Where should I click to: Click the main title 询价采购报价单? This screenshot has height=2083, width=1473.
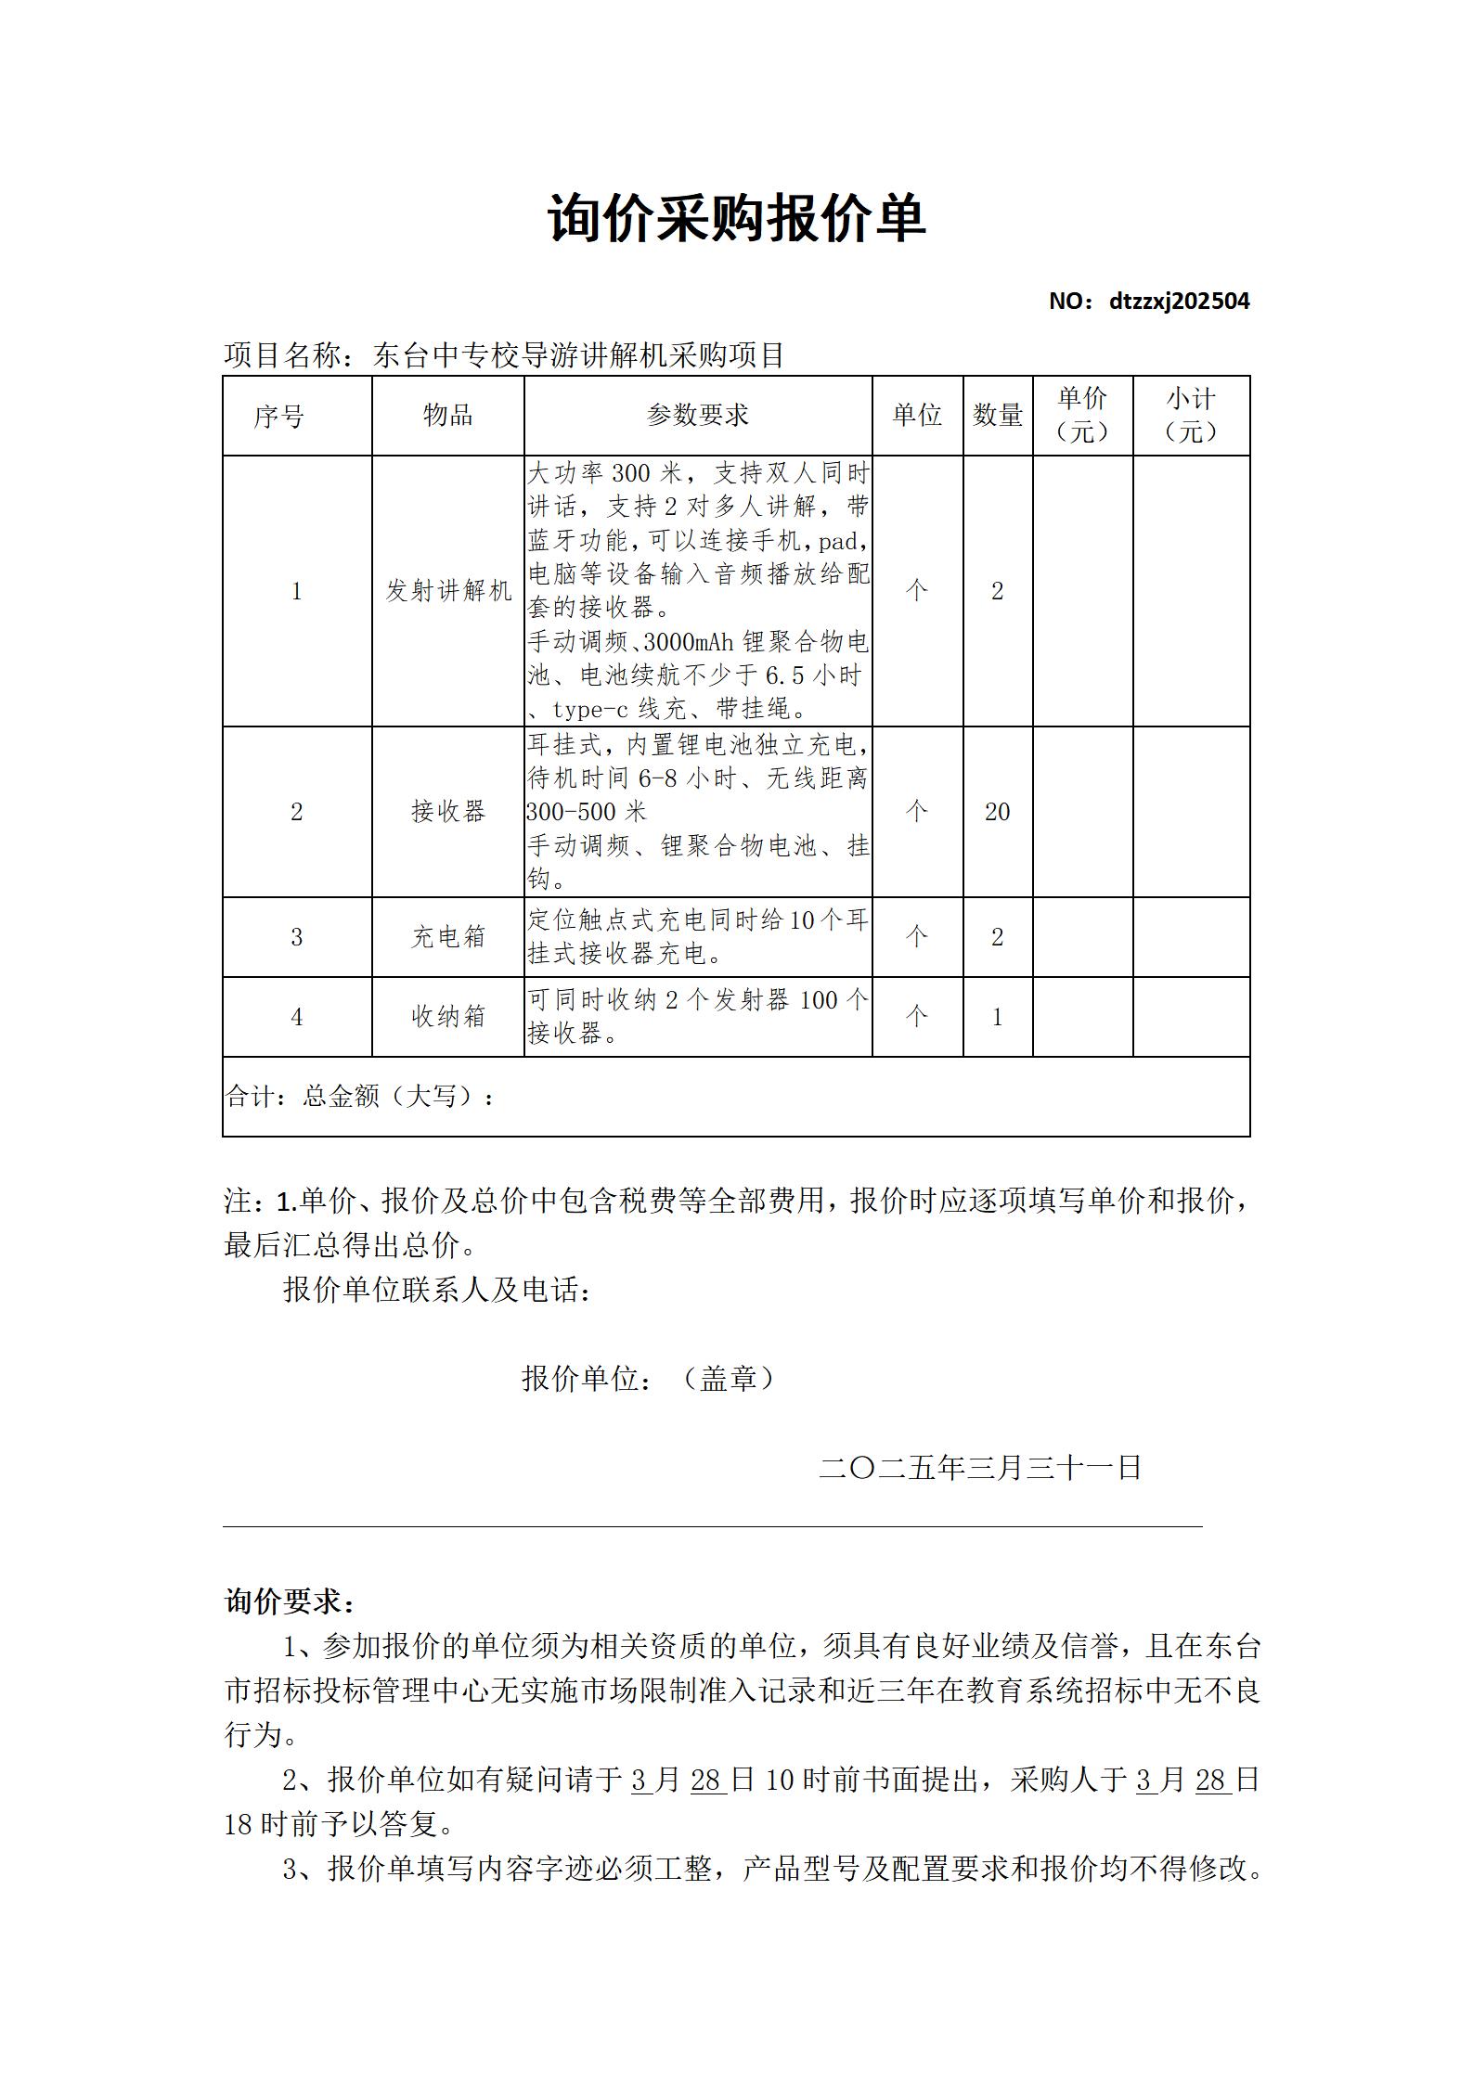pos(736,220)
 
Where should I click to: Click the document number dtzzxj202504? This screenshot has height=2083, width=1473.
pos(1179,302)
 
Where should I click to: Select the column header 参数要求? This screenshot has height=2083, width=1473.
pos(697,416)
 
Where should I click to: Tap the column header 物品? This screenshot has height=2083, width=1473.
pos(447,416)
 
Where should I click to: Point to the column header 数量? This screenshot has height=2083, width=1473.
pos(998,416)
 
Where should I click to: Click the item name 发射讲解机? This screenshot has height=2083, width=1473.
pos(447,591)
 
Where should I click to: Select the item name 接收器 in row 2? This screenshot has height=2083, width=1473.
pos(447,812)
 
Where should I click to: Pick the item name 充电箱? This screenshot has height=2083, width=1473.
pos(447,937)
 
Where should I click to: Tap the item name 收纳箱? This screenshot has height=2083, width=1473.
pos(447,1017)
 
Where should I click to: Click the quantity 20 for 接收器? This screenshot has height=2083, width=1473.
pos(998,812)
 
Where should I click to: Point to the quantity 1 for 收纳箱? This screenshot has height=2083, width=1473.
pos(998,1017)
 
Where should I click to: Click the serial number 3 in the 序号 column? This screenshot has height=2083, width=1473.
pos(297,937)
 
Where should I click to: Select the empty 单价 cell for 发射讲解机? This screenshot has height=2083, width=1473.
pos(1082,591)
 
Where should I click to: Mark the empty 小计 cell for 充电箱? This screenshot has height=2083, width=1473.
pos(1191,937)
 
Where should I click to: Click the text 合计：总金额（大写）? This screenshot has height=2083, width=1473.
pos(360,1097)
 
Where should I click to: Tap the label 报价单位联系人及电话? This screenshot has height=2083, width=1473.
pos(436,1290)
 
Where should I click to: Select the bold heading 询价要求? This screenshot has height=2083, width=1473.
pos(289,1601)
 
